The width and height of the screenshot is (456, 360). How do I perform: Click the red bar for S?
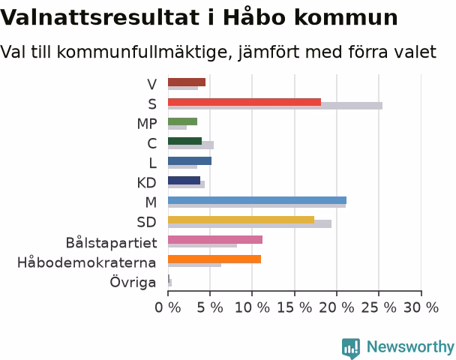(244, 102)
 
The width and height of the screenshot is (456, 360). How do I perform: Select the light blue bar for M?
(257, 200)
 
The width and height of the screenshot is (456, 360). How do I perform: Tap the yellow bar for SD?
(241, 220)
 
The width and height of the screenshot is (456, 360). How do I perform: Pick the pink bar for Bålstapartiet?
(215, 239)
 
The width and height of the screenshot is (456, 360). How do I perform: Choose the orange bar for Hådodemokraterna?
(214, 259)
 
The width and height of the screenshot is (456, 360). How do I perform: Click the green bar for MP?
(182, 121)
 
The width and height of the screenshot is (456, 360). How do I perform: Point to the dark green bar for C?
(184, 141)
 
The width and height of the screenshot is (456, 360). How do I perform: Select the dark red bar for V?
(187, 82)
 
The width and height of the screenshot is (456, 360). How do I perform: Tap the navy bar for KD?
(184, 181)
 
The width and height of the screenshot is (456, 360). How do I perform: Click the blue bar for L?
(190, 161)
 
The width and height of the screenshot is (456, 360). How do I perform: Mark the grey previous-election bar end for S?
(382, 106)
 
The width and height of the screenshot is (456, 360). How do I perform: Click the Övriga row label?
(133, 282)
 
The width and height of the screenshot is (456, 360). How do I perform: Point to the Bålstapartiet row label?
(112, 243)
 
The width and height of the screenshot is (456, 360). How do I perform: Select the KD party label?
(146, 183)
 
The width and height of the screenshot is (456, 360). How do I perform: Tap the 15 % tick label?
(294, 307)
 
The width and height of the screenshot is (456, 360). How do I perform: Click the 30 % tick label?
(421, 307)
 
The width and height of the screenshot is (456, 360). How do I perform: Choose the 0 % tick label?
(168, 307)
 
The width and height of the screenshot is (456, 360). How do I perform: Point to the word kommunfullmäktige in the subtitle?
(145, 52)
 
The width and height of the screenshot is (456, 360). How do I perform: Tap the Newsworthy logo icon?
(351, 348)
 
